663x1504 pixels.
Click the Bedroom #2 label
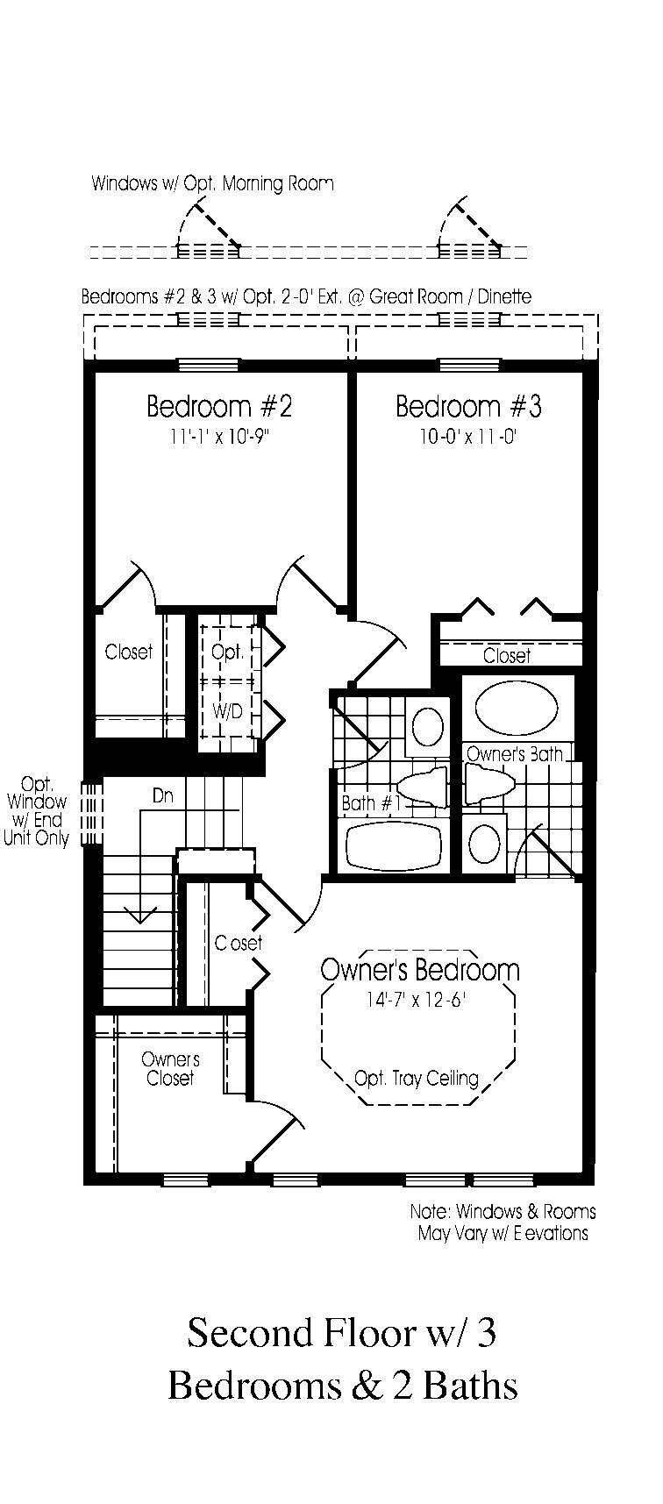[218, 407]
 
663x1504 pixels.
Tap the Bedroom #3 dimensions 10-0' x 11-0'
[468, 436]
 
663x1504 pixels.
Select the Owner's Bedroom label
[419, 970]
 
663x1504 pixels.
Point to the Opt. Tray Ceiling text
[416, 1078]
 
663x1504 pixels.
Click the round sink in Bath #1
[428, 726]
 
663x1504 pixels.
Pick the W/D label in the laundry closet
[227, 711]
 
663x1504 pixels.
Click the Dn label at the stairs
[163, 796]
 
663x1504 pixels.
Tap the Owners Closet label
[170, 1069]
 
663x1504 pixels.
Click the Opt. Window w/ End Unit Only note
[37, 811]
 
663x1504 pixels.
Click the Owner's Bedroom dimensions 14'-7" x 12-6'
[417, 1000]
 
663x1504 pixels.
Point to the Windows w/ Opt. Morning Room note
[212, 184]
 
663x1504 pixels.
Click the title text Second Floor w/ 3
[341, 1333]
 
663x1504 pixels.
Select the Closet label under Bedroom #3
[507, 655]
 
